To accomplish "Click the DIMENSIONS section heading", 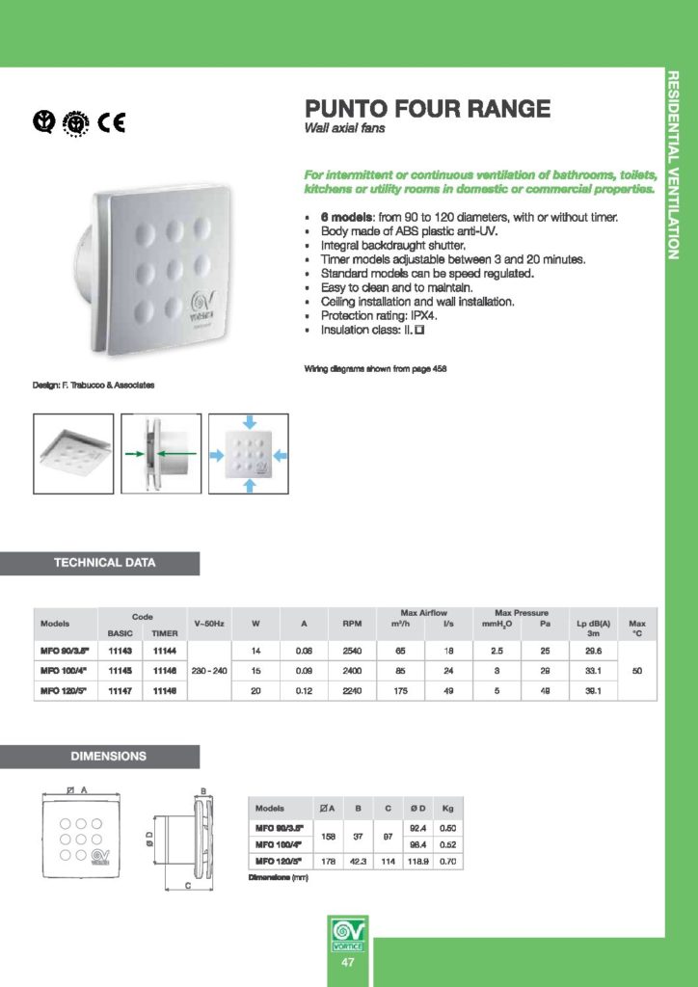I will (x=108, y=757).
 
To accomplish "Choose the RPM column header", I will (x=352, y=624).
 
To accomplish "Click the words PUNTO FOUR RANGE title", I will (x=427, y=109).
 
